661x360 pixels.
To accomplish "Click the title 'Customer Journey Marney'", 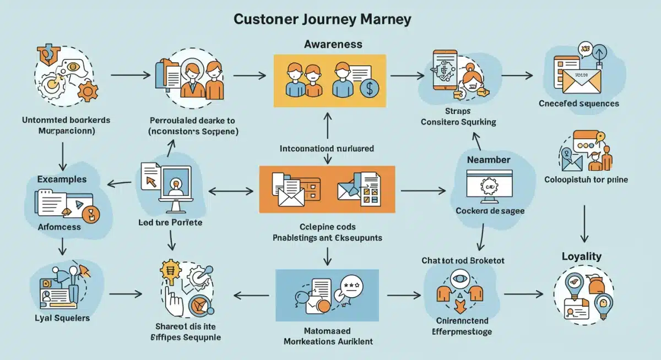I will click(x=322, y=19).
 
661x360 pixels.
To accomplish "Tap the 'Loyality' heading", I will click(x=581, y=257).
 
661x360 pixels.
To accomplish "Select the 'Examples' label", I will click(x=62, y=179).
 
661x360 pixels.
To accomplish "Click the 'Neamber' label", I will click(x=489, y=160).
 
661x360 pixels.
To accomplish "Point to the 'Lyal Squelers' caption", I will click(x=62, y=318).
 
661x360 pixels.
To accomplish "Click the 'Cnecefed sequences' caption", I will click(x=578, y=103).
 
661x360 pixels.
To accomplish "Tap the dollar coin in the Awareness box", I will click(x=369, y=88).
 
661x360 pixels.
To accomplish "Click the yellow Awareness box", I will click(x=328, y=80).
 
